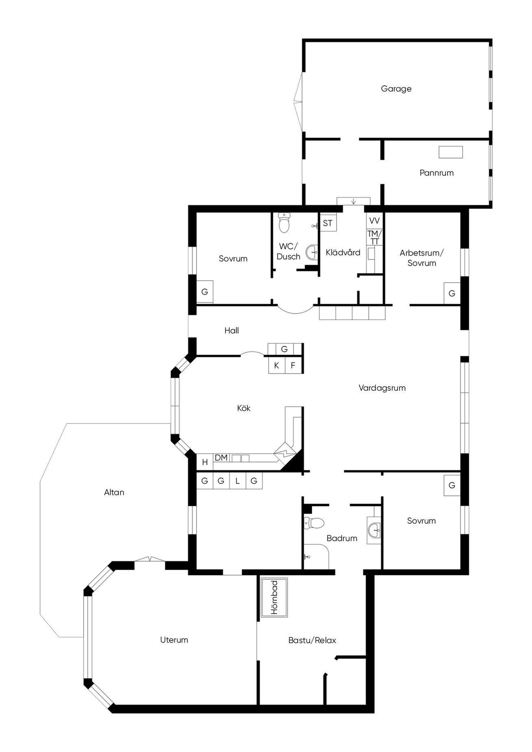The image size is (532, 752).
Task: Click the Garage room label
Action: (396, 89)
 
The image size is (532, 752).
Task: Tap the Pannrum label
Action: (436, 173)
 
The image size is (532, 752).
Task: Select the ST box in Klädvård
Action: (328, 223)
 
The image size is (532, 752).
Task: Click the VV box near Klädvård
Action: (374, 221)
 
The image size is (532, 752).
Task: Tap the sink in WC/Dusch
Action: (312, 252)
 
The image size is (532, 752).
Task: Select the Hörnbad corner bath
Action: (274, 598)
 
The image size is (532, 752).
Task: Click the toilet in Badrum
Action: (314, 523)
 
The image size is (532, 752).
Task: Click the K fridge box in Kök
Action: (277, 365)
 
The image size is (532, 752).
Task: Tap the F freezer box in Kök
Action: (293, 365)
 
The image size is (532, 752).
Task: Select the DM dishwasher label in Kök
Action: (221, 458)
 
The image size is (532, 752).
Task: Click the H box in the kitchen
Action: (205, 462)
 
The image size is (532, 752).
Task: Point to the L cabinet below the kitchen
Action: (237, 481)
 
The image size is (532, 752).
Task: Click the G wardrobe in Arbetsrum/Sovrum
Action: (452, 294)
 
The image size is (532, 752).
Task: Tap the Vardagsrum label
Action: (382, 388)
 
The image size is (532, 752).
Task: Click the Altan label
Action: (114, 492)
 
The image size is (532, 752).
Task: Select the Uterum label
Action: (174, 640)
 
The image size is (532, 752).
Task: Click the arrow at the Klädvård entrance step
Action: (353, 201)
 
